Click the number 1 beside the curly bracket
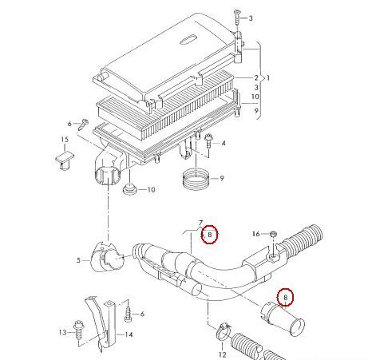point(268,78)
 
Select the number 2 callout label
point(256,77)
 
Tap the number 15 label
point(65,140)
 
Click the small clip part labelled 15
point(65,160)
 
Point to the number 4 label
point(224,144)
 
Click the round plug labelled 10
point(129,188)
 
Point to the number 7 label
point(201,223)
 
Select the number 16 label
point(255,234)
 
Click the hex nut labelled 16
point(273,235)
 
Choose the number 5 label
point(78,260)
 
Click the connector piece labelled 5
point(107,257)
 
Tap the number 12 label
point(223,354)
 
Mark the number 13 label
point(63,332)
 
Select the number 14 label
point(129,334)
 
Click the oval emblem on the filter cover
point(188,39)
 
